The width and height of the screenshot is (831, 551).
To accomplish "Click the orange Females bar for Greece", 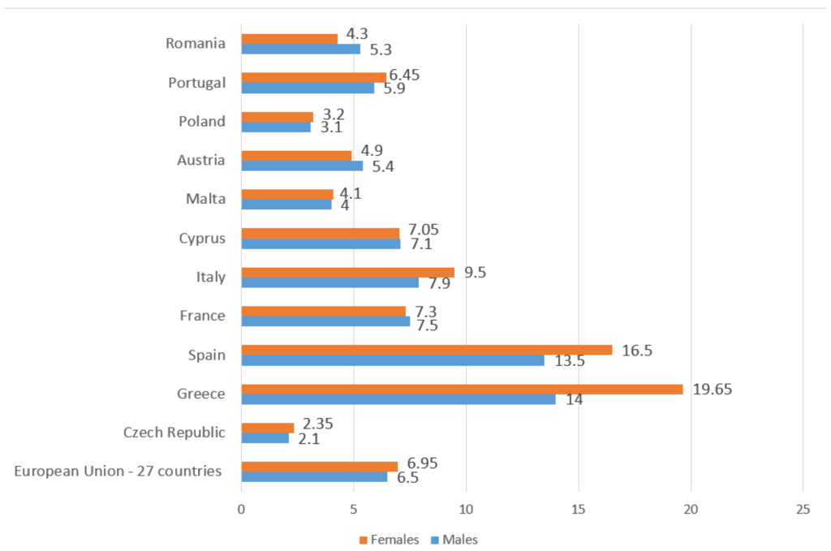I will (x=463, y=389).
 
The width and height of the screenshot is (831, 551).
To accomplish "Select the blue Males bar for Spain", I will (x=393, y=360).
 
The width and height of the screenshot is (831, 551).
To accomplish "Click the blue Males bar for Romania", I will (x=300, y=49).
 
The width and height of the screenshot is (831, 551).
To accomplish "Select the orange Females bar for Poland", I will (x=277, y=117).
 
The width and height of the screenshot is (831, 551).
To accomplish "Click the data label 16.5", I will (x=636, y=350).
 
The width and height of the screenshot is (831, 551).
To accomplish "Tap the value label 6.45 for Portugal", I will (x=403, y=75).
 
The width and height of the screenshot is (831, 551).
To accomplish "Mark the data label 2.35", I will (x=318, y=424).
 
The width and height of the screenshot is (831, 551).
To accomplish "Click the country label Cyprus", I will (x=202, y=239).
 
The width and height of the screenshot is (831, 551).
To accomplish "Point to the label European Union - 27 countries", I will (x=118, y=471).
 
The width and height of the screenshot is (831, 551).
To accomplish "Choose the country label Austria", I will (x=201, y=160).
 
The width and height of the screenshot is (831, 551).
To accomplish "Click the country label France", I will (x=203, y=316).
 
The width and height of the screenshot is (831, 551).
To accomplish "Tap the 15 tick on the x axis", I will (x=578, y=510).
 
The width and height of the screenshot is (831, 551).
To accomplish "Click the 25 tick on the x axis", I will (x=803, y=510).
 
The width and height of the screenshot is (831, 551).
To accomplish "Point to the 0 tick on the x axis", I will (x=241, y=510).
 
